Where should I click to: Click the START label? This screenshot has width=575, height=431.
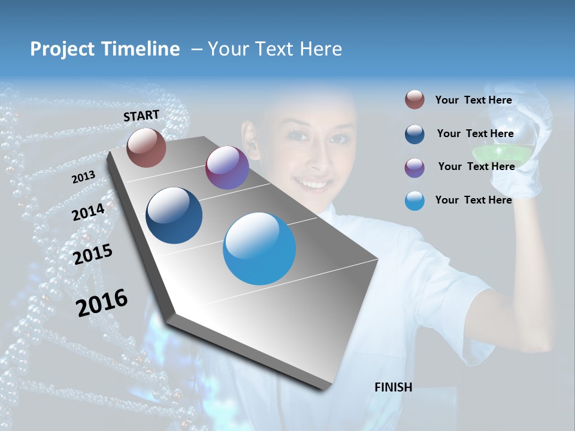tap(141, 115)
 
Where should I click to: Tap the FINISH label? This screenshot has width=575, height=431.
tap(393, 387)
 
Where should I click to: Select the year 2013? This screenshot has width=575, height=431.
tap(83, 177)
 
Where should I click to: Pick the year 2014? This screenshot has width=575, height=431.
tap(88, 212)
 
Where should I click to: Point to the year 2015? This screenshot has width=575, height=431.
tap(92, 254)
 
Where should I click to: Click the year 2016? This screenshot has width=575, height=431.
tap(102, 302)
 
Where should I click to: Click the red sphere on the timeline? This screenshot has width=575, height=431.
tap(146, 147)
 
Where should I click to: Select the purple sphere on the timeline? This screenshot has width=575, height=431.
tap(227, 168)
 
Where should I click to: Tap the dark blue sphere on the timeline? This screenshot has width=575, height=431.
tap(174, 215)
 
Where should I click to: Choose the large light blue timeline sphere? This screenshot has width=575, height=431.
tap(259, 248)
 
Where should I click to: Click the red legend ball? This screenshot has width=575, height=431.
tap(414, 100)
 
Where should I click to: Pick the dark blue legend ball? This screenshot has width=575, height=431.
tap(414, 134)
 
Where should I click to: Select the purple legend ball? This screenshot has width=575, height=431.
tap(414, 168)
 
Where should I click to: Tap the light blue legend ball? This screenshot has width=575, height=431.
tap(414, 201)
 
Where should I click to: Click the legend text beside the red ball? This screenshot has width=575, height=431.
tap(473, 100)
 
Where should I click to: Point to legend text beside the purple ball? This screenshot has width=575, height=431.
tap(476, 166)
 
